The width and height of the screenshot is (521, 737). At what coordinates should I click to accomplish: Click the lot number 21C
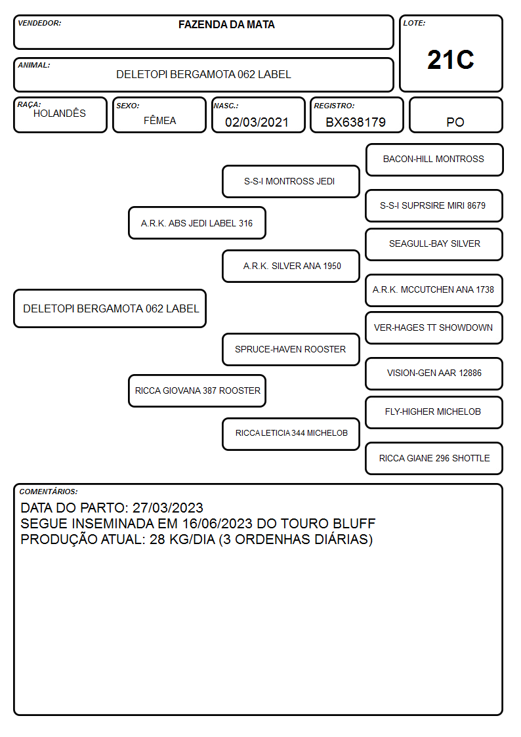click(x=451, y=60)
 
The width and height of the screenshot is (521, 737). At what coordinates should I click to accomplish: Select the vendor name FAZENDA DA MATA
click(x=226, y=24)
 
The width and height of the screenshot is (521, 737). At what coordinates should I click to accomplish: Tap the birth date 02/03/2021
click(x=257, y=122)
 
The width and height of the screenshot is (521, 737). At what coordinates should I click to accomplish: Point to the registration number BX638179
click(x=356, y=122)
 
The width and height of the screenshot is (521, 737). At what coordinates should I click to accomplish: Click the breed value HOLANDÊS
click(x=60, y=113)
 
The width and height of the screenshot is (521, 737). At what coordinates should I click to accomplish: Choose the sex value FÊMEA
click(x=159, y=120)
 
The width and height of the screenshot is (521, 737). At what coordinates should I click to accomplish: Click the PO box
click(x=455, y=115)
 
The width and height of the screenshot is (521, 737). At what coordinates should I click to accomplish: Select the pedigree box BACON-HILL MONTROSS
click(x=434, y=160)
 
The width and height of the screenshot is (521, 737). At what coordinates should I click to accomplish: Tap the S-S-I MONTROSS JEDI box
click(x=291, y=181)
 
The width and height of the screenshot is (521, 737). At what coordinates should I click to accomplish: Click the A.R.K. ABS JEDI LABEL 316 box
click(x=197, y=223)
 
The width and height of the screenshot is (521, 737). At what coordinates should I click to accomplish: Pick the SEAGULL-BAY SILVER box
click(x=434, y=244)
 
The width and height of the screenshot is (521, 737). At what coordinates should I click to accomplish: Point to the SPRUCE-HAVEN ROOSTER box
click(x=291, y=349)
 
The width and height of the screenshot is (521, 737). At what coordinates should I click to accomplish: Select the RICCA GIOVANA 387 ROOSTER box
click(x=197, y=390)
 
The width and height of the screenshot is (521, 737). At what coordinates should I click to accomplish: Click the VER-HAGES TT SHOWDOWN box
click(x=434, y=328)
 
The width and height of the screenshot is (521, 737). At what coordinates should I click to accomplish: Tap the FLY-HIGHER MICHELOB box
click(x=434, y=412)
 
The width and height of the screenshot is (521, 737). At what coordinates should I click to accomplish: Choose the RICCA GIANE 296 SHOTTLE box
click(x=434, y=458)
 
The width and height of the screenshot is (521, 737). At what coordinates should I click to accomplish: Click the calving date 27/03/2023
click(x=168, y=507)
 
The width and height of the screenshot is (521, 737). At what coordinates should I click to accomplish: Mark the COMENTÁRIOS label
click(x=49, y=492)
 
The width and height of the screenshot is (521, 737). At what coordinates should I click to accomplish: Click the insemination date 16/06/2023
click(x=217, y=524)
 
